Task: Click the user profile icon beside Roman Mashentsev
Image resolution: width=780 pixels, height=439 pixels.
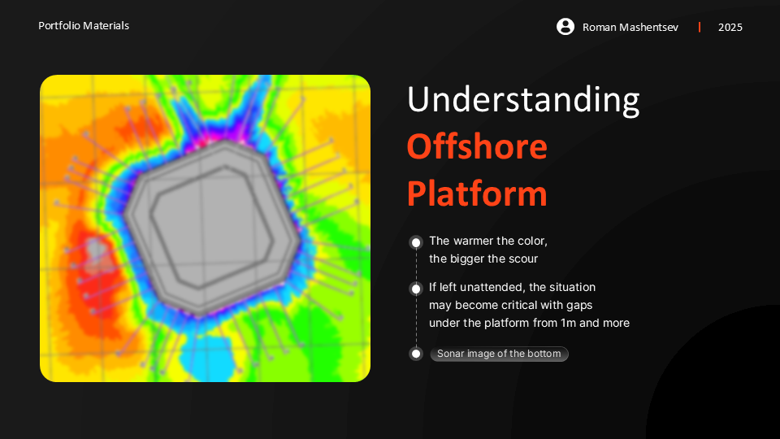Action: [565, 26]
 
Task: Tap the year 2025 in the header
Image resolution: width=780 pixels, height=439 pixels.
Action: [730, 28]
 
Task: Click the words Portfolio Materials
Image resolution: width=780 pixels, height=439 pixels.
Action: [84, 26]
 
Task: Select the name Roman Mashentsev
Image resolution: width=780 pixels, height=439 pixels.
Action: [630, 28]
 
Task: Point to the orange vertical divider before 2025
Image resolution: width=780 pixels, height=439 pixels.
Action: [700, 27]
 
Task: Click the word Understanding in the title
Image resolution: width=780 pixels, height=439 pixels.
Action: [523, 100]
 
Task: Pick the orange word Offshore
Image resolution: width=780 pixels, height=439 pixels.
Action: [477, 147]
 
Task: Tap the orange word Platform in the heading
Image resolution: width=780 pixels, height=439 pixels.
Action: [477, 194]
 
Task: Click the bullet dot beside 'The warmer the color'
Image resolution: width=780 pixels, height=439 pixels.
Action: [416, 242]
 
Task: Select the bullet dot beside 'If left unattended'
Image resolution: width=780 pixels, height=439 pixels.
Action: [416, 289]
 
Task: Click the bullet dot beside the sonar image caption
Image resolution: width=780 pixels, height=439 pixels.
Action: [416, 354]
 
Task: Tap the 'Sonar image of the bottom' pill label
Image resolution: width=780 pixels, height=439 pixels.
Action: [499, 354]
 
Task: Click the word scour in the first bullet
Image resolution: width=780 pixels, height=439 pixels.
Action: [522, 259]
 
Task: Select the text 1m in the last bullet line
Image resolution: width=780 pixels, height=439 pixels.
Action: [568, 323]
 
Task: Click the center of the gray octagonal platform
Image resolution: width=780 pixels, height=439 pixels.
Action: [212, 228]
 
